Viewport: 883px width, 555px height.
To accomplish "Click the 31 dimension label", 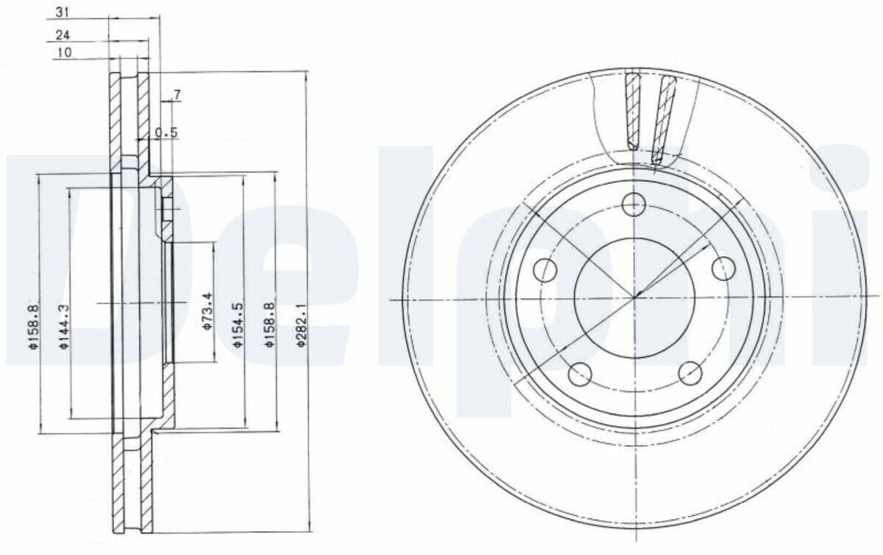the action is point(63,13).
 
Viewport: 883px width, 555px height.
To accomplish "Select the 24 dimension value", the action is point(63,35).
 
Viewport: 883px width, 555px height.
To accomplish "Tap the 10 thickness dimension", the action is point(65,52).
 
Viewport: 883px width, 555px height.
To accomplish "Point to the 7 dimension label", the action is point(177,95).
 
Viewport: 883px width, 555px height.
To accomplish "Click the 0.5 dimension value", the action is point(166,133).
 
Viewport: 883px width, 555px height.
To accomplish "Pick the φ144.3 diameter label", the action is point(64,327).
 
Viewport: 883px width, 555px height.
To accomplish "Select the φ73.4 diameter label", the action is point(208,311).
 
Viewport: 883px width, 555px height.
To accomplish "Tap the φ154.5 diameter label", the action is point(238,325).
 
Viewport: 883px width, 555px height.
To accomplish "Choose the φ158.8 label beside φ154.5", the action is point(269,325).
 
